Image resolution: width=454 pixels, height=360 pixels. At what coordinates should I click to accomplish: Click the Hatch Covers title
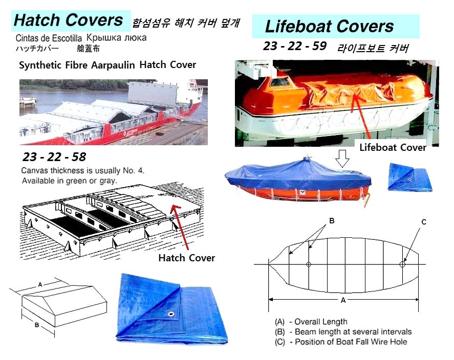pos(69,20)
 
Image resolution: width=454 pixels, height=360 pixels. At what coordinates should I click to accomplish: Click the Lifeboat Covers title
pos(329,26)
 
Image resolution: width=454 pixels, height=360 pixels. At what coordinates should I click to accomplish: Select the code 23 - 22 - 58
pos(54,157)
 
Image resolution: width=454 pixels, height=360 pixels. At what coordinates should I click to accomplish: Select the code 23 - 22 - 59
pos(295,46)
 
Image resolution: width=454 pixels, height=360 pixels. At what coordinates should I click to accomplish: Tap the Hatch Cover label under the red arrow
pos(187,258)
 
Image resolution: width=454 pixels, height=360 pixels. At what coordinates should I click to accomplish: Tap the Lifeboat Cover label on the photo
pos(393,147)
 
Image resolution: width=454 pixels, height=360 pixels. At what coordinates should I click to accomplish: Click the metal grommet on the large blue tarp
pos(171,314)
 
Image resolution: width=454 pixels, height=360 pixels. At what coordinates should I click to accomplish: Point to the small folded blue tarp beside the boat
pos(409,177)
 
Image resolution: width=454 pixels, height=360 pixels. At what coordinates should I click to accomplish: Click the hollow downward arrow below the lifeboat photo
pos(342,159)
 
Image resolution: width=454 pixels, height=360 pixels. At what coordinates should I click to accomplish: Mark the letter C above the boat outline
pos(424,222)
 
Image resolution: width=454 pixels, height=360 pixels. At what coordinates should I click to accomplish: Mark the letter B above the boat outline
pos(332,220)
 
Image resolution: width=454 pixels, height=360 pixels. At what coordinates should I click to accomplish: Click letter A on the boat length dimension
pos(343,301)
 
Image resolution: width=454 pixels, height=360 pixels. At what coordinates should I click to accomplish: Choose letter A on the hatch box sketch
pos(40,285)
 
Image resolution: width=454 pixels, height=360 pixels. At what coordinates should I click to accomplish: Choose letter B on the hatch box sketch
pos(37,325)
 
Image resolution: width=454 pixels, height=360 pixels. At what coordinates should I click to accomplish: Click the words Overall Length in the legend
pos(321,322)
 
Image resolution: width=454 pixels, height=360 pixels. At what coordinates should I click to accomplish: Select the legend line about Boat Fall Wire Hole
pos(341,342)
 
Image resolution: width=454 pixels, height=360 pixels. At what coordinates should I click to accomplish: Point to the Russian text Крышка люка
pos(116,38)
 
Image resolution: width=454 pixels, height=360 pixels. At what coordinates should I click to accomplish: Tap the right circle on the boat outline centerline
pos(402,264)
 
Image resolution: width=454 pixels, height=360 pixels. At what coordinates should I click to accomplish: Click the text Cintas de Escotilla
pos(49,38)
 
